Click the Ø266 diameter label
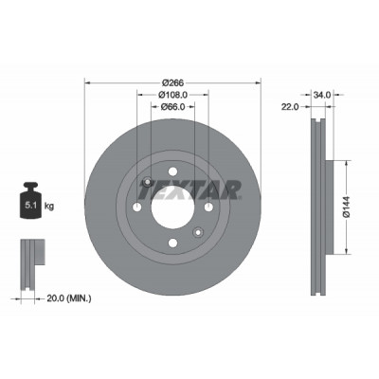(x=172, y=82)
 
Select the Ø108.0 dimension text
(x=172, y=95)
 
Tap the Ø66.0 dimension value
(x=172, y=107)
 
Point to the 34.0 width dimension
(x=322, y=95)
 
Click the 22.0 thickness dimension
(x=290, y=107)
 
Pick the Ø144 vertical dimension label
(x=347, y=207)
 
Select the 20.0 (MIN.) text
(x=69, y=298)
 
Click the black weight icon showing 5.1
(x=29, y=200)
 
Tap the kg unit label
(x=49, y=207)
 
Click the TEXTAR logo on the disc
(x=189, y=189)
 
